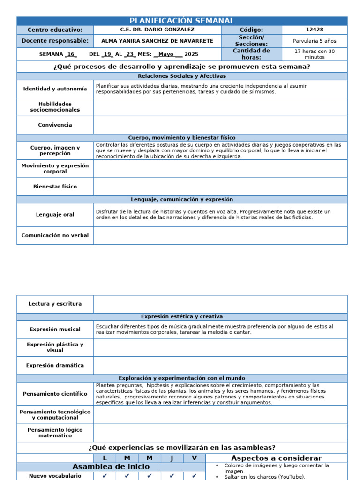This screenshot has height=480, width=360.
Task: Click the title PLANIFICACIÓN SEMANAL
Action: (182, 21)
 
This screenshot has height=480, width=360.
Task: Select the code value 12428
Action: (315, 30)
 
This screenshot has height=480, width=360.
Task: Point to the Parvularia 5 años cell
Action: (315, 41)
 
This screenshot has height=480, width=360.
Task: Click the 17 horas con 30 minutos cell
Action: (315, 54)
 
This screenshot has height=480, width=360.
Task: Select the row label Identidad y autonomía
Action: (55, 89)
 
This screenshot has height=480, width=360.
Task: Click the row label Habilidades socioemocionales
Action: (55, 106)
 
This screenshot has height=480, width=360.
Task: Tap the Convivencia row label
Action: (55, 125)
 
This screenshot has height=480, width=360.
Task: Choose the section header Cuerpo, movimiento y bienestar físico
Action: (182, 138)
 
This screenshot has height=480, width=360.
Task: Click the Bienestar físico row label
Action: (55, 187)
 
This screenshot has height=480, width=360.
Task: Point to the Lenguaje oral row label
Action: (55, 215)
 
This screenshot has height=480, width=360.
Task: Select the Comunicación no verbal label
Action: (55, 235)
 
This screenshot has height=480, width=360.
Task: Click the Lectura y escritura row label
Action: (55, 304)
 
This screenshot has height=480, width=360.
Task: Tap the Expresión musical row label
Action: (55, 329)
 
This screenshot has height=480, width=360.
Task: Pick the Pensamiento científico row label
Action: (55, 394)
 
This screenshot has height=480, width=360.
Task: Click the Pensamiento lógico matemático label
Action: (55, 433)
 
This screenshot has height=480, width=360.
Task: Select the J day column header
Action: (172, 458)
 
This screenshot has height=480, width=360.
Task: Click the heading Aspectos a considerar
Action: (276, 458)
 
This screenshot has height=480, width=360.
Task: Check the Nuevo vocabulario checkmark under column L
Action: (105, 475)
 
